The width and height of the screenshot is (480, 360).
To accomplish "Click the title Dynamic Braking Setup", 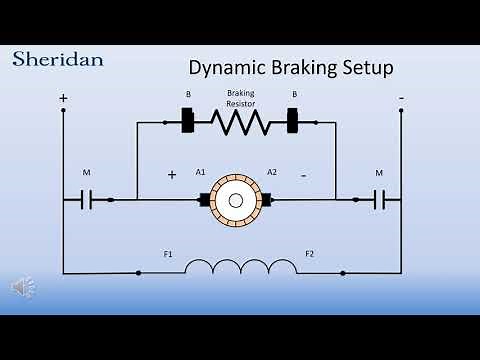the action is tap(291, 68).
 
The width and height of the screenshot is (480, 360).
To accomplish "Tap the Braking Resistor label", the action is tap(240, 98).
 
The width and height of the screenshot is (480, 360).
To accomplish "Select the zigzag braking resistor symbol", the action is tap(239, 123).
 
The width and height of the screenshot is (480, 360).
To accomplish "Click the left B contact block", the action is tap(187, 123).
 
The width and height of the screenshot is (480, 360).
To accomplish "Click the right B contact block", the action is tap(293, 123).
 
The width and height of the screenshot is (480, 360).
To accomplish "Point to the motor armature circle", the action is tap(236, 199).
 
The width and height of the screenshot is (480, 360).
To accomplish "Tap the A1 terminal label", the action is tap(201, 172).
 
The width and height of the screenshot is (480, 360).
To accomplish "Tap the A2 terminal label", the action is tap(271, 172).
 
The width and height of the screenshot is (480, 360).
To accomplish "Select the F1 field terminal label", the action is tap(168, 254).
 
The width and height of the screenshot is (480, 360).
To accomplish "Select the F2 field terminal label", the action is tap(310, 254).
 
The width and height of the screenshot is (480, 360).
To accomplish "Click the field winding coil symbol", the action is tap(240, 267).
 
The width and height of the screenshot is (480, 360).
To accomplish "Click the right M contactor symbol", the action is tap(380, 199).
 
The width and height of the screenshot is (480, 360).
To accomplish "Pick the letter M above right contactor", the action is tap(379, 173).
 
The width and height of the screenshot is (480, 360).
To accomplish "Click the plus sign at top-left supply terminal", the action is tap(63, 98).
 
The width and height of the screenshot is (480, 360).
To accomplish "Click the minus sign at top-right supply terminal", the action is tap(401, 98).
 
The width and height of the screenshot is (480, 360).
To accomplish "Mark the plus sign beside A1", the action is tap(171, 174).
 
